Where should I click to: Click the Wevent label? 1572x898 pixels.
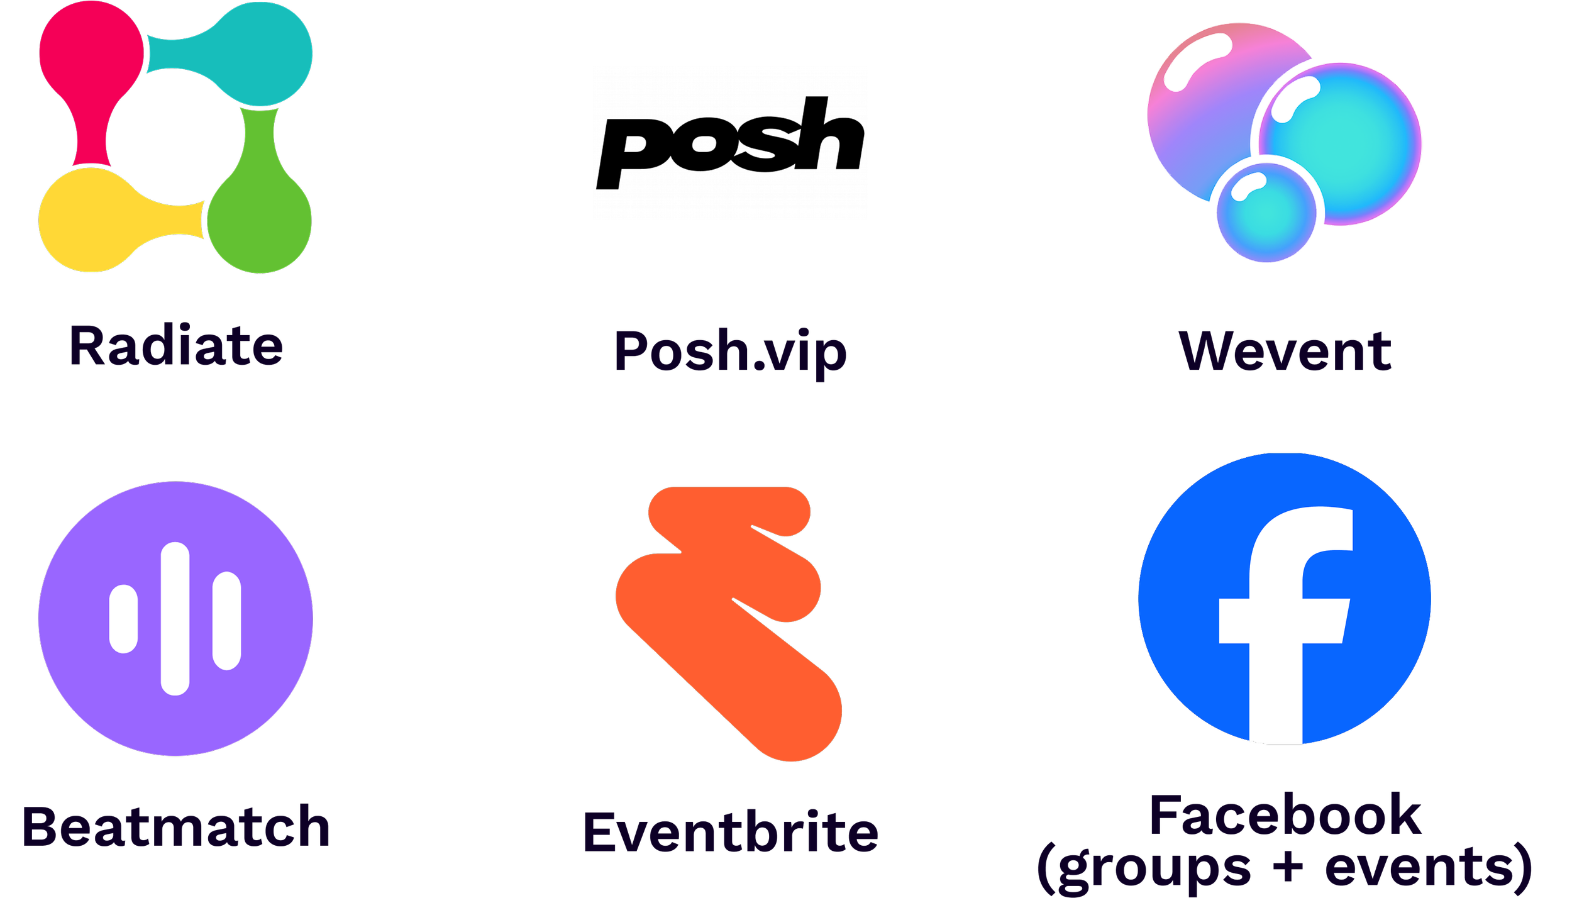(x=1286, y=351)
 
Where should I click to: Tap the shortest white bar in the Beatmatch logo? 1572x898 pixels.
(x=123, y=619)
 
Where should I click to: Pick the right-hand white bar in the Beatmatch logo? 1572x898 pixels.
(x=226, y=621)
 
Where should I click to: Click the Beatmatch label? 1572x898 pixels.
(x=176, y=828)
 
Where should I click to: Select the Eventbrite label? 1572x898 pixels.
(x=731, y=833)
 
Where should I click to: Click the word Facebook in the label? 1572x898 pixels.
(x=1285, y=816)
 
